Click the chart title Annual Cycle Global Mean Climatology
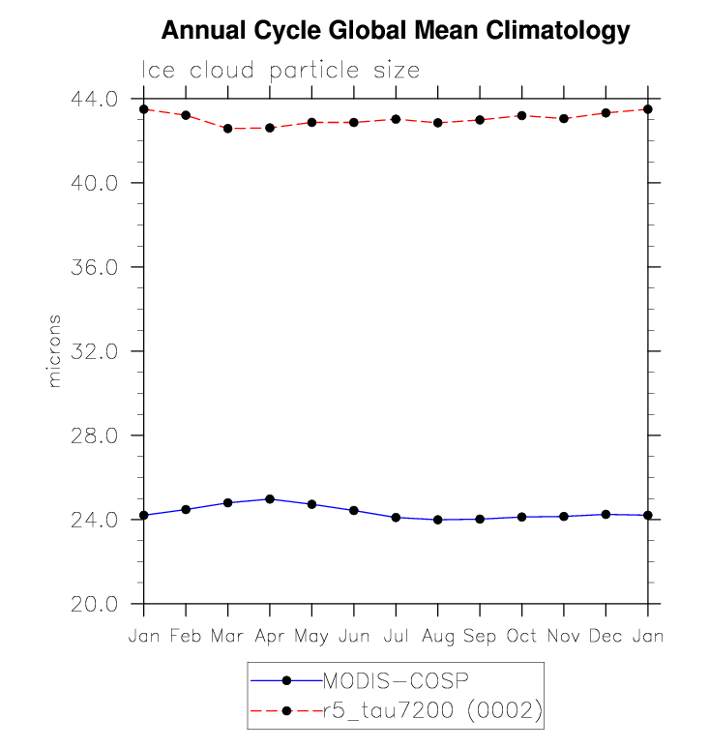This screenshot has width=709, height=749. click(395, 31)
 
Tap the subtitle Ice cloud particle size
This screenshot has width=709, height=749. click(281, 71)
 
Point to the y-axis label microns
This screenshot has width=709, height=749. click(54, 350)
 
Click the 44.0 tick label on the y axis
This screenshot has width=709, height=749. click(94, 99)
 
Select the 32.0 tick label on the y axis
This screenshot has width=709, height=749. click(94, 351)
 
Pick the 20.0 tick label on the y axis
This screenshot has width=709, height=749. click(94, 604)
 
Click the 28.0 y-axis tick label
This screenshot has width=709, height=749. click(94, 435)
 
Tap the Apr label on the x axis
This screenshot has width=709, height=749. click(270, 636)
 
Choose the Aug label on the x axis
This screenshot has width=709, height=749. click(438, 636)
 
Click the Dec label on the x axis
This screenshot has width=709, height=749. click(606, 636)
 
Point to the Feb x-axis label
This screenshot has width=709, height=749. click(186, 636)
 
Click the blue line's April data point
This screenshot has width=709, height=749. click(270, 499)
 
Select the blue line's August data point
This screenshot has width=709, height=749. click(438, 520)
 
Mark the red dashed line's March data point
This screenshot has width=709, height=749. click(228, 128)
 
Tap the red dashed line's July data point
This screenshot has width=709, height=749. click(396, 119)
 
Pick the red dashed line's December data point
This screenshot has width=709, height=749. click(606, 113)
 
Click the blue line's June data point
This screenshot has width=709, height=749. click(354, 510)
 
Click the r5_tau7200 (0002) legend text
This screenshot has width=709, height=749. click(431, 711)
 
